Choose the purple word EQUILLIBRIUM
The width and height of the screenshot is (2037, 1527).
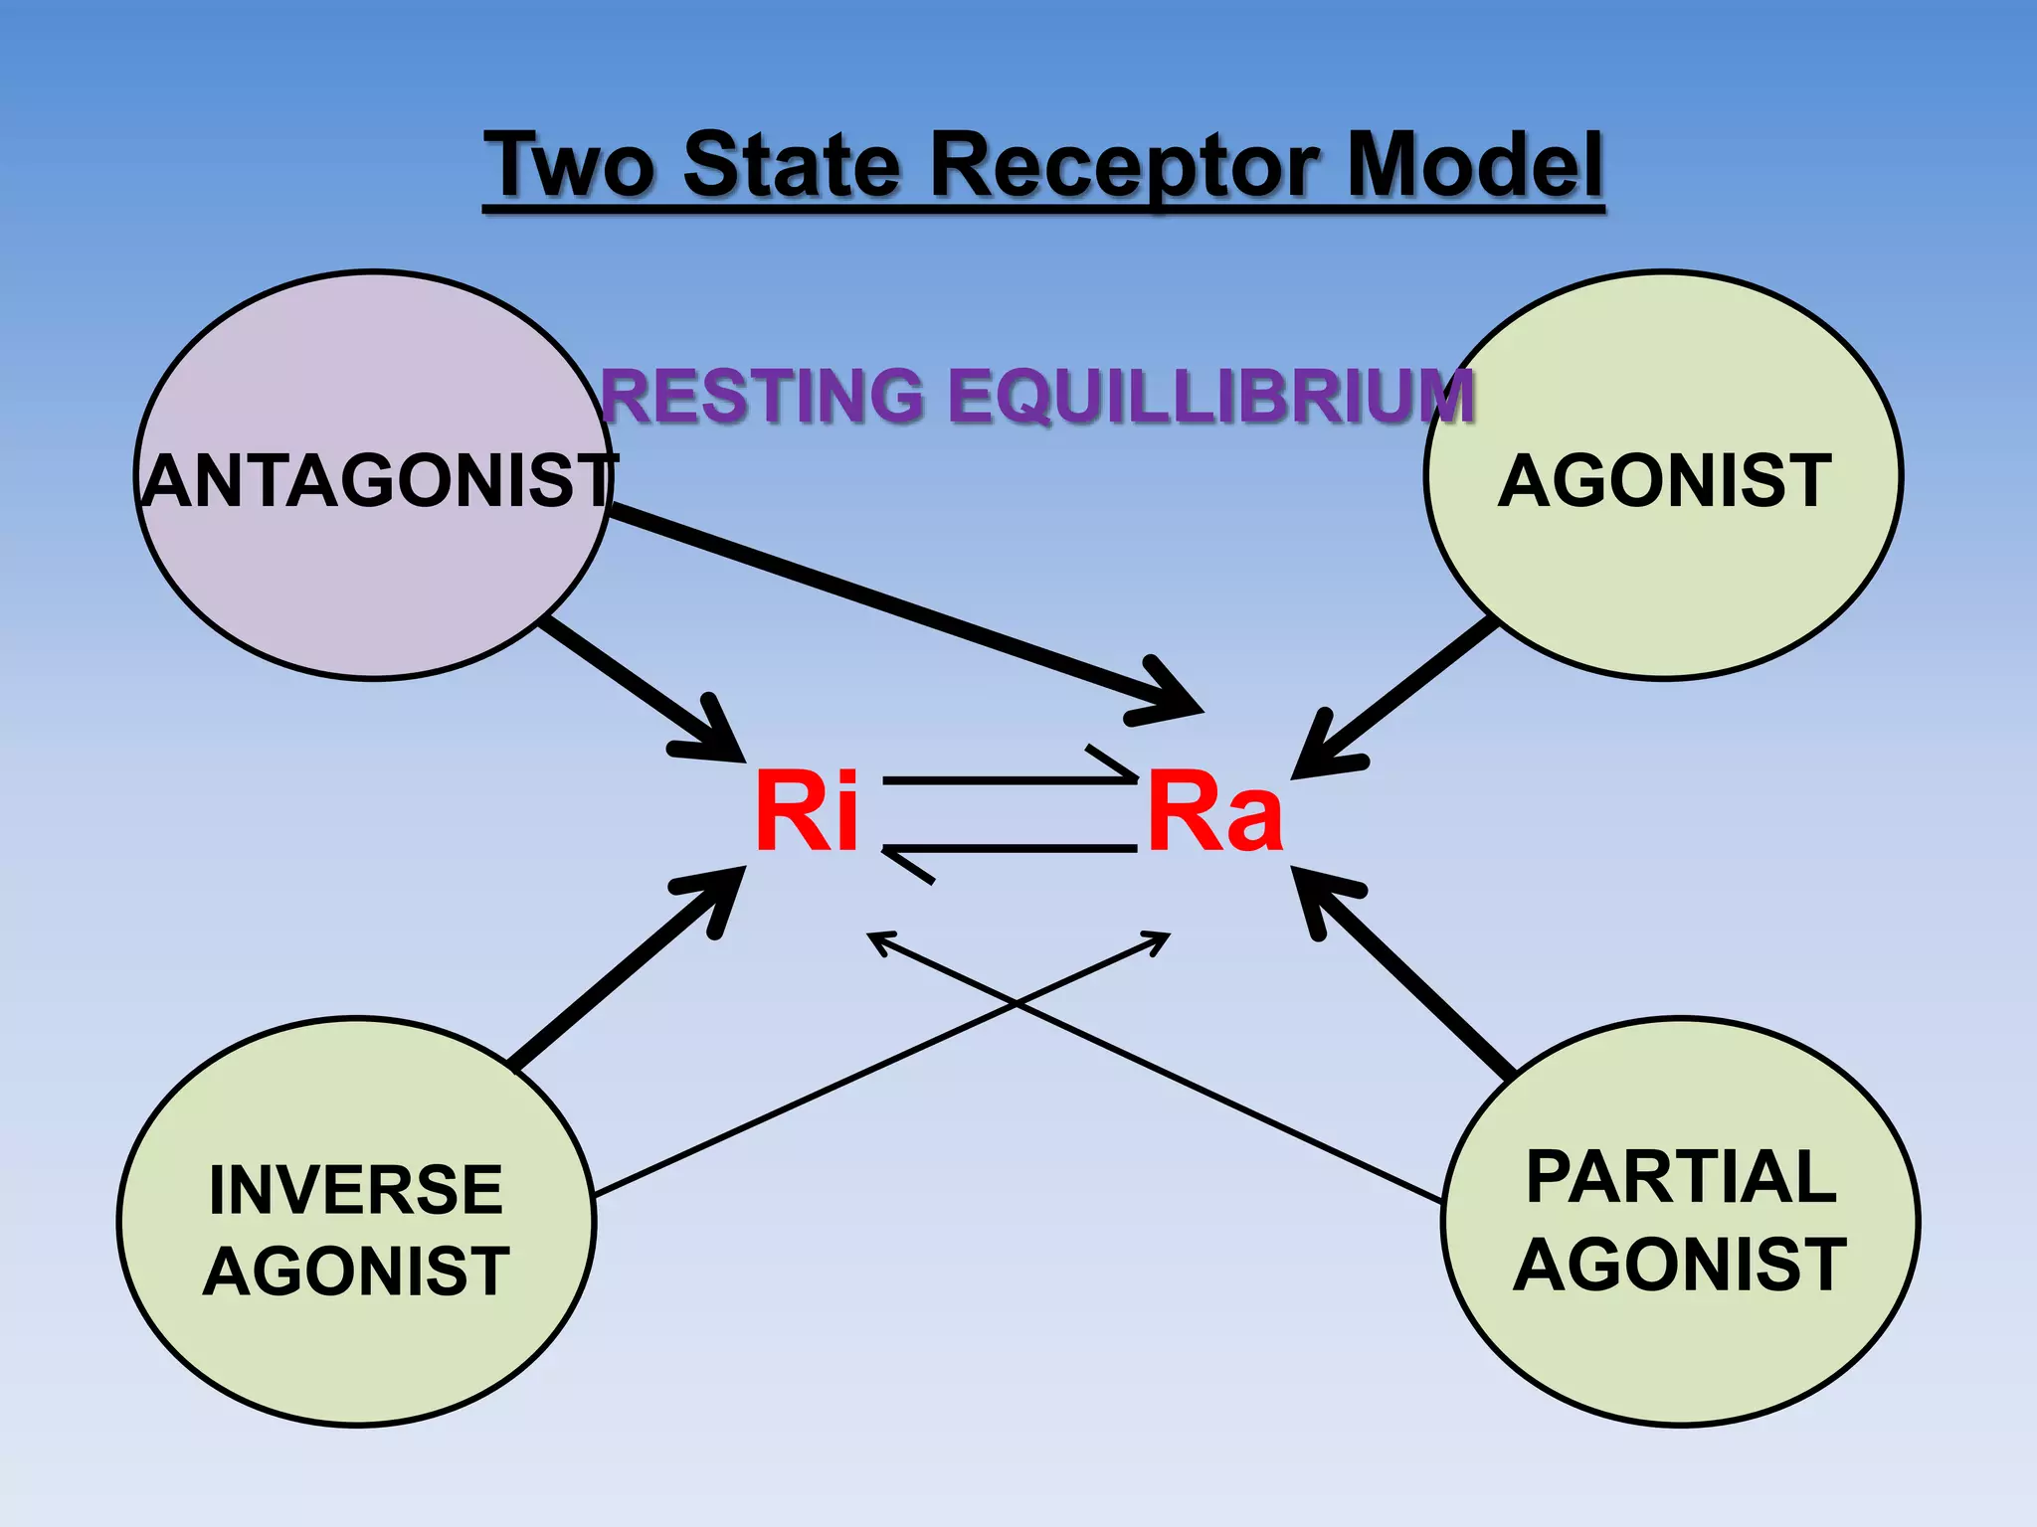pos(1210,396)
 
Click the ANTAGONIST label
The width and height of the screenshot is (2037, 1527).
pos(378,481)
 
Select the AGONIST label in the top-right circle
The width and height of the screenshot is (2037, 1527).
pos(1664,481)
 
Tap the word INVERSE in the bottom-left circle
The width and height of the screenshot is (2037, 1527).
pos(356,1189)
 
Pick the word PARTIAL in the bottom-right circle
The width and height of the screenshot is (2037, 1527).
pos(1681,1177)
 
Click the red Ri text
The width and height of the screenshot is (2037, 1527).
pos(806,812)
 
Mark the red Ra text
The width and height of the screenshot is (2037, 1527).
pos(1215,812)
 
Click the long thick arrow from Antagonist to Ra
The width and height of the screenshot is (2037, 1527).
pos(895,606)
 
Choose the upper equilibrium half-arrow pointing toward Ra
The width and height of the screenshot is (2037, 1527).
pos(1010,780)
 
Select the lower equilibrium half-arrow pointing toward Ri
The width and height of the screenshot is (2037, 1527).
pos(1010,848)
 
